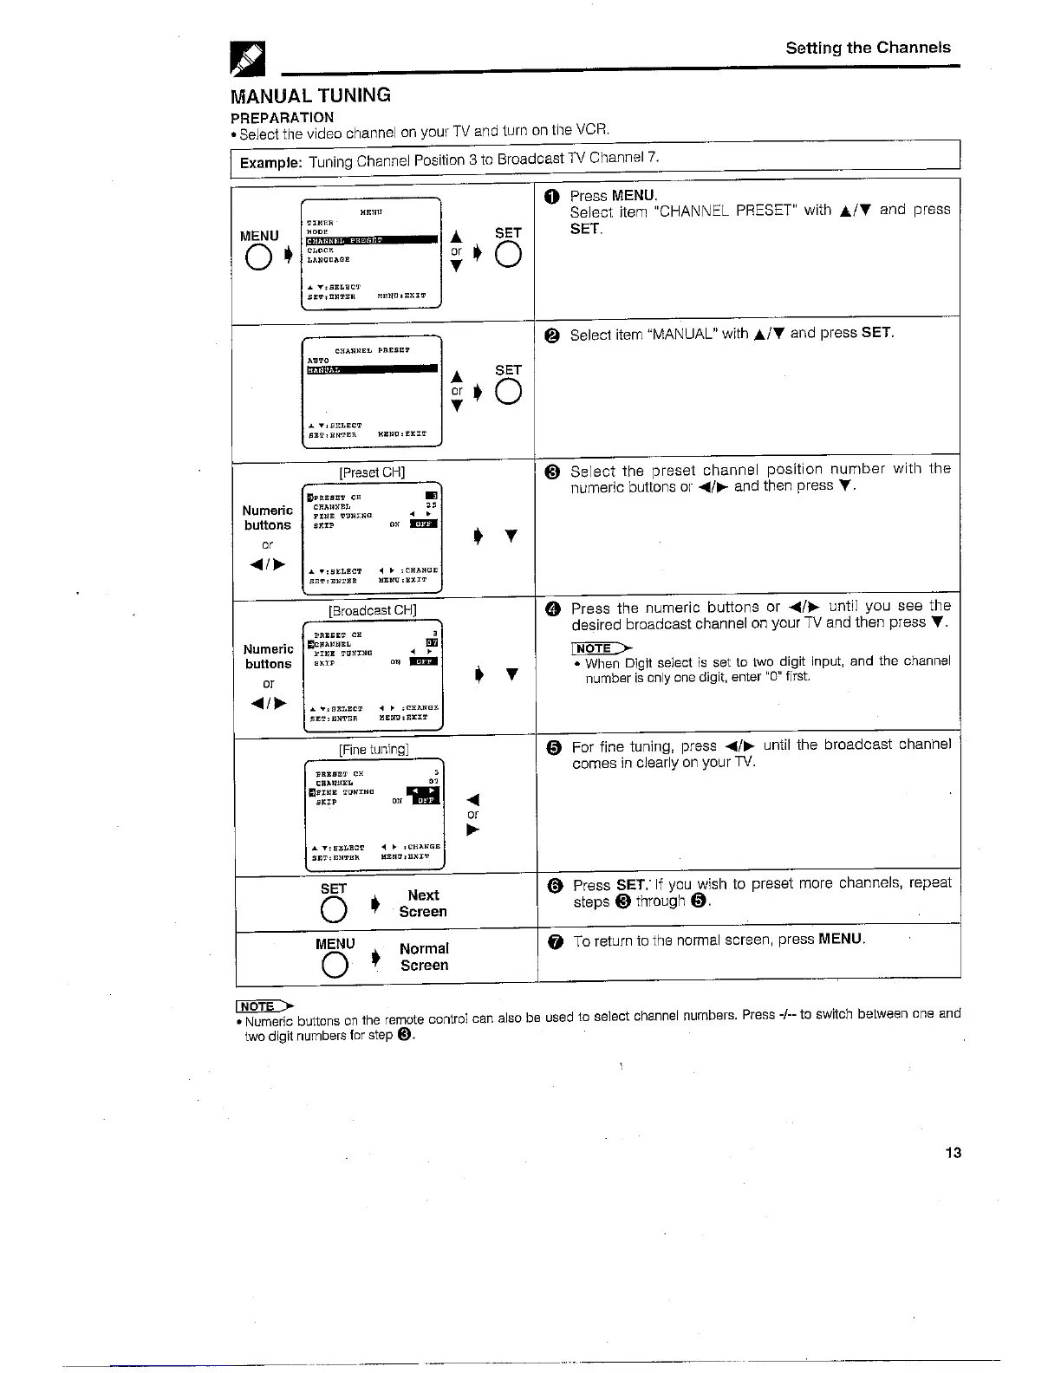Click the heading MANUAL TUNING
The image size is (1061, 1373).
[310, 95]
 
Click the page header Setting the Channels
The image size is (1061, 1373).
[868, 48]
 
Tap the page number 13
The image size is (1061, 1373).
[954, 1152]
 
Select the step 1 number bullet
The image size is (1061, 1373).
[553, 197]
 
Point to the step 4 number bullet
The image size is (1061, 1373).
[554, 608]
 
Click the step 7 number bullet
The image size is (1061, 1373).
[556, 940]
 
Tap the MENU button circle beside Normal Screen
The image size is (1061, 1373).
[334, 963]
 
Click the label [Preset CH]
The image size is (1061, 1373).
[372, 472]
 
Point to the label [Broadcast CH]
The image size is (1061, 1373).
[373, 610]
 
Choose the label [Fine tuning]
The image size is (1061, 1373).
[374, 749]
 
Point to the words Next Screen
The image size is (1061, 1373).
[423, 903]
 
